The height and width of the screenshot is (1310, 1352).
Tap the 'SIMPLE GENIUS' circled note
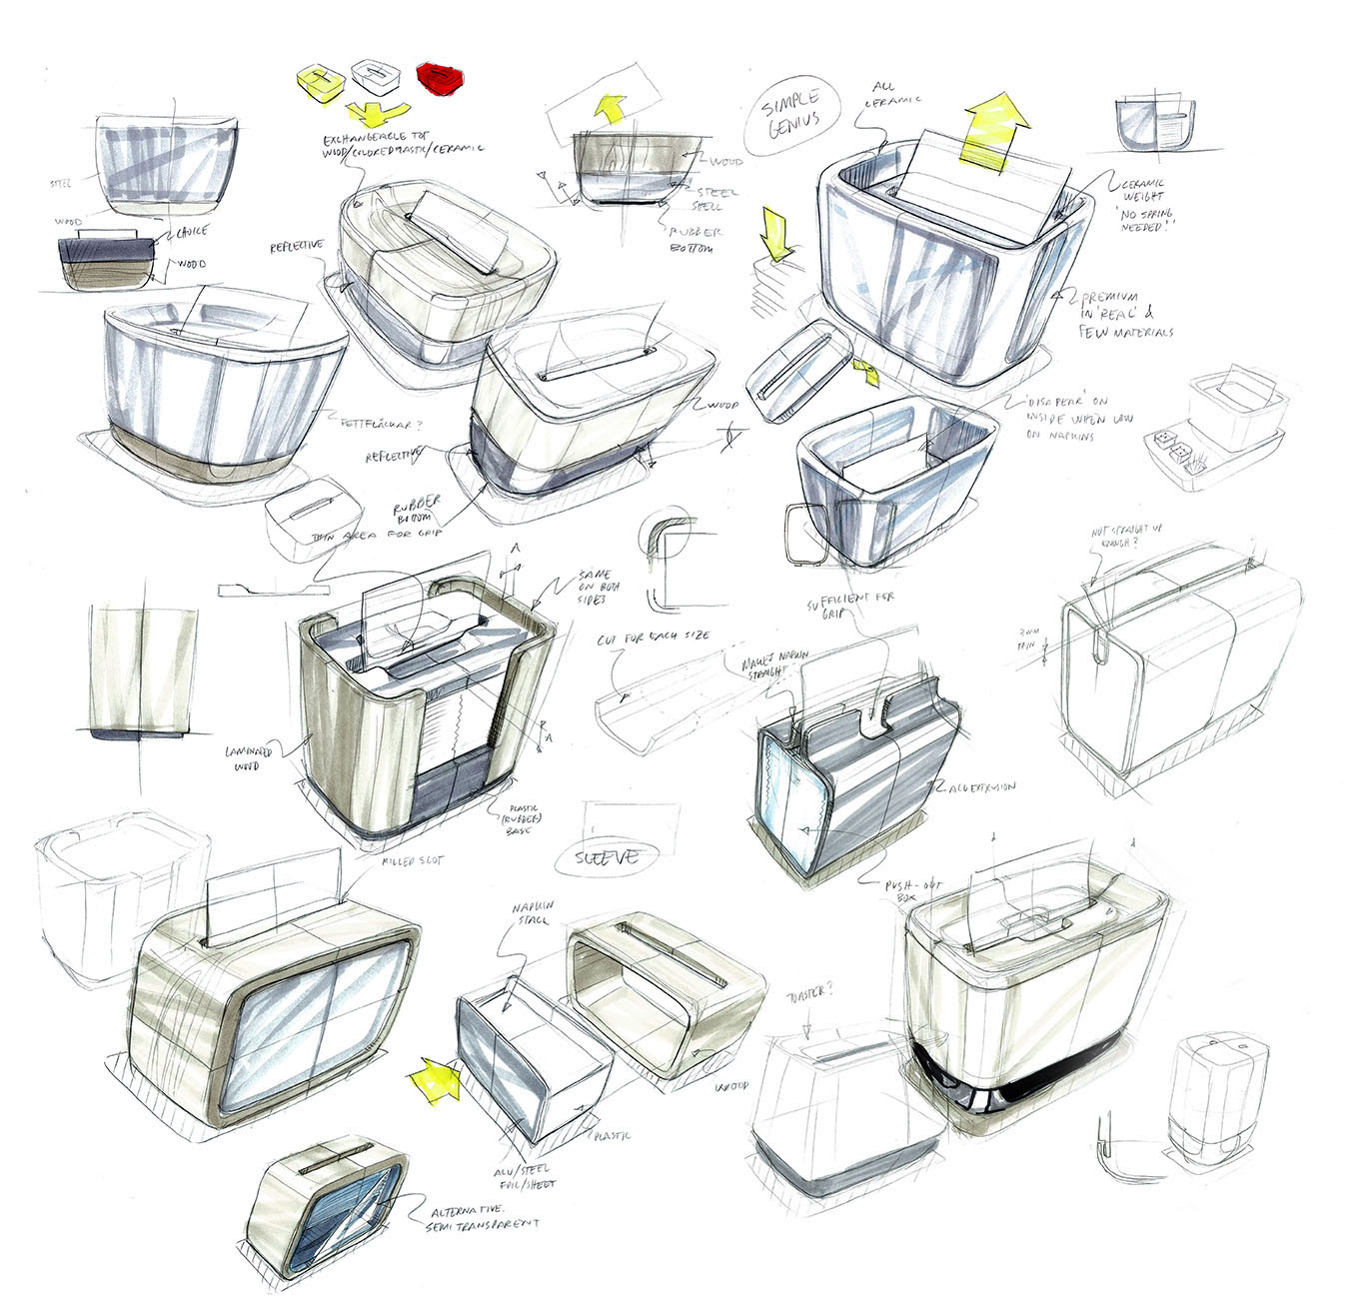click(791, 112)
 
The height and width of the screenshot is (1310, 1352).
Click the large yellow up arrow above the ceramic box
click(994, 124)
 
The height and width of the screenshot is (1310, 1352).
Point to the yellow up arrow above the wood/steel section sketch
click(611, 107)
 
